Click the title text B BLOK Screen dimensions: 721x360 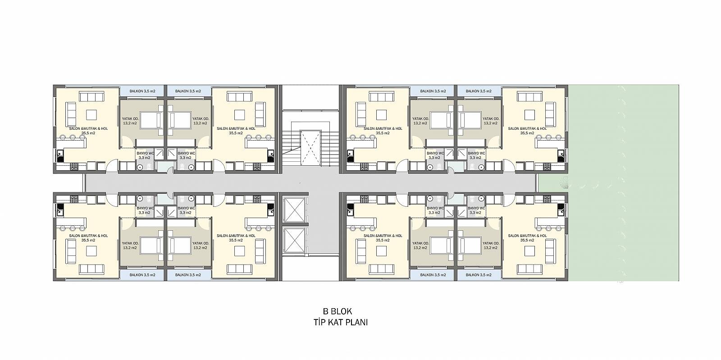(338, 311)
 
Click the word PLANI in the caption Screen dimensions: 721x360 (357, 322)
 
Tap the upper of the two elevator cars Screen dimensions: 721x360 (295, 210)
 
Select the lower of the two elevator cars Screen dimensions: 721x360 (295, 241)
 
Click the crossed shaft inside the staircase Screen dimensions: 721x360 (310, 148)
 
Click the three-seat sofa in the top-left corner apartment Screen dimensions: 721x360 (92, 97)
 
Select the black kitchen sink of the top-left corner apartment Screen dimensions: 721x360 (60, 156)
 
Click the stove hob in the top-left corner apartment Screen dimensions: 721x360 (74, 167)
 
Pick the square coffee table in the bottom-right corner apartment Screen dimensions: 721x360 (529, 251)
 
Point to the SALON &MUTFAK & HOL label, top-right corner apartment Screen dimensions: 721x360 (527, 129)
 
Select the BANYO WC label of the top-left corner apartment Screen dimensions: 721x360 (145, 154)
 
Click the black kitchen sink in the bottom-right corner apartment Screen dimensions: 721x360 (561, 210)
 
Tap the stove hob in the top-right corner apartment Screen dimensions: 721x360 (547, 167)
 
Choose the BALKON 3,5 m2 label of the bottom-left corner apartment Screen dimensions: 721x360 (142, 275)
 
